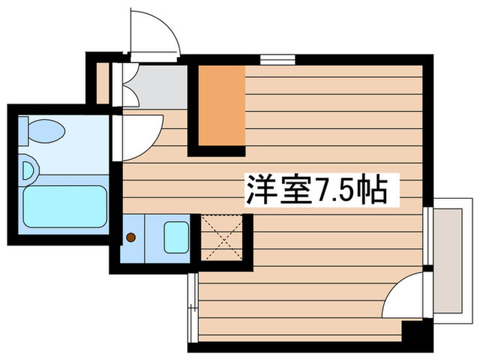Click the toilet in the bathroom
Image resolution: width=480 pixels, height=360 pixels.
(x=43, y=128)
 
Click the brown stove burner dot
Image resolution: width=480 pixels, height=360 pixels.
(x=130, y=239)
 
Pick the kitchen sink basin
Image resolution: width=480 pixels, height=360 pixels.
(x=177, y=237)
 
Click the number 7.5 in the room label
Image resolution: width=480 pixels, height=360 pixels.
(x=336, y=190)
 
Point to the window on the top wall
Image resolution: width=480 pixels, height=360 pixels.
(x=273, y=59)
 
